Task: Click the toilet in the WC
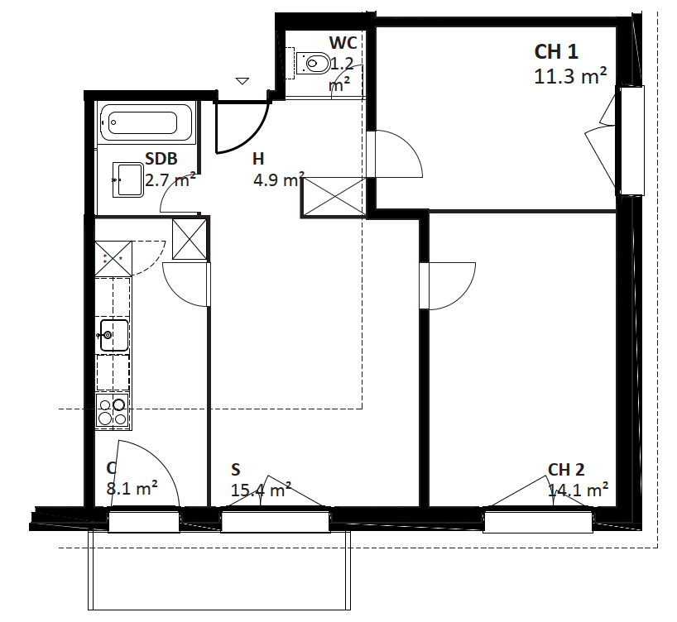tap(313, 64)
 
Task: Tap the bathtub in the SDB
tap(146, 122)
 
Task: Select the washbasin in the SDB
tap(127, 179)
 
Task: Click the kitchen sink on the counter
tap(113, 335)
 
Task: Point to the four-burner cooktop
tap(113, 411)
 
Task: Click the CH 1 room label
tap(555, 52)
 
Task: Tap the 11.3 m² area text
tap(570, 76)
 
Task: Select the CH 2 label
tap(566, 470)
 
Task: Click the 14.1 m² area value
tap(579, 490)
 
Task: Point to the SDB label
tap(161, 159)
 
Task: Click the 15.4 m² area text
tap(261, 490)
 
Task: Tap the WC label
tap(343, 43)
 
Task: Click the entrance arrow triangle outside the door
tap(242, 81)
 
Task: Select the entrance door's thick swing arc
tap(252, 138)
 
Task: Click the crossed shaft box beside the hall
tap(334, 197)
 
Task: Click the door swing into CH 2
tap(466, 294)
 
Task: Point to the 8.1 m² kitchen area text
tap(132, 489)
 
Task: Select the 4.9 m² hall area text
tap(279, 179)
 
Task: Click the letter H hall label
tap(258, 159)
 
